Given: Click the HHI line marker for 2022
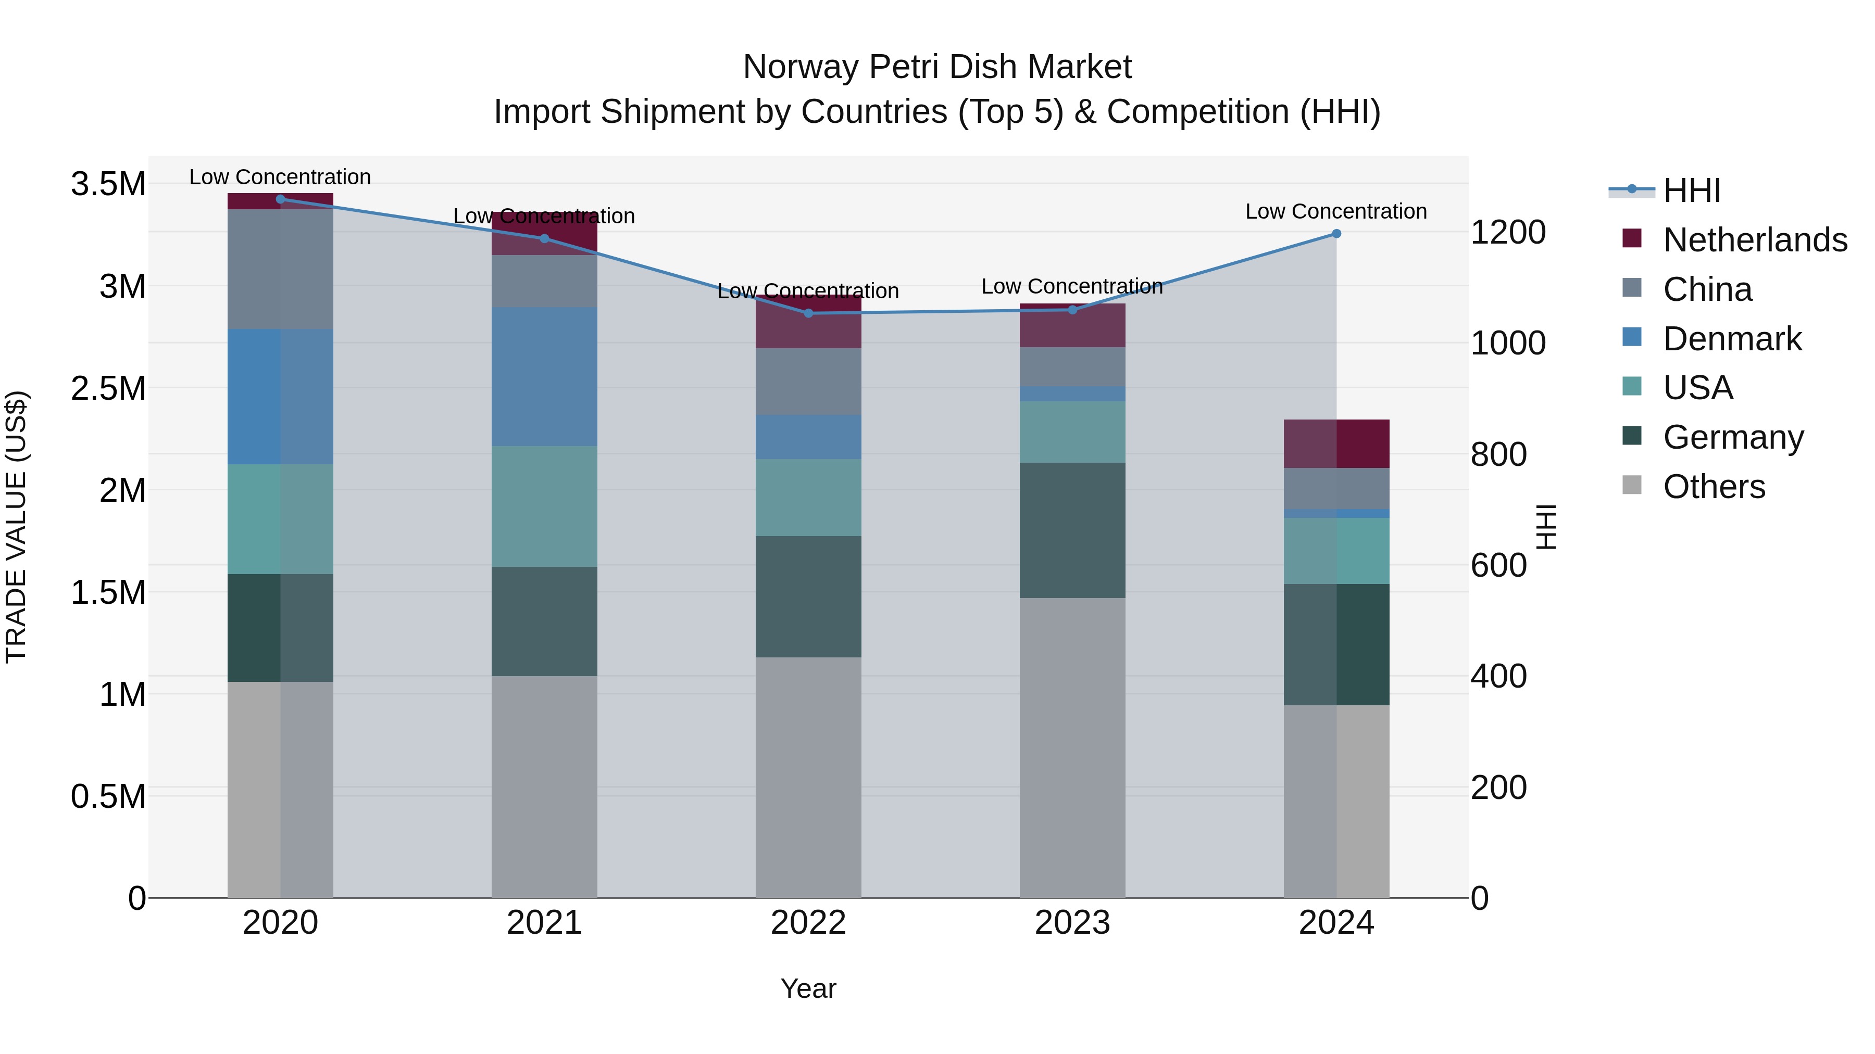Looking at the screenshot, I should tap(808, 313).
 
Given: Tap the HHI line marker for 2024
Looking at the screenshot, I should tap(1336, 234).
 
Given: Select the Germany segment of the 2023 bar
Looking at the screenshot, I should tap(1072, 530).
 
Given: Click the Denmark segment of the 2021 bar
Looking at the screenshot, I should tap(544, 376).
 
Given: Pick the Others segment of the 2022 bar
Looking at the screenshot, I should tap(808, 777).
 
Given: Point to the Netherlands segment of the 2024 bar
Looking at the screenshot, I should tap(1336, 443).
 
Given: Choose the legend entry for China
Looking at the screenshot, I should tap(1707, 289).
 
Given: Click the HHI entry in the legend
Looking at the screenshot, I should tap(1692, 191).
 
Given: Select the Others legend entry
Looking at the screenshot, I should tap(1714, 487).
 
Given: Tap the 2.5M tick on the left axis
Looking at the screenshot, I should tap(108, 388).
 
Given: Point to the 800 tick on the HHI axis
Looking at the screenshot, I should tap(1498, 454).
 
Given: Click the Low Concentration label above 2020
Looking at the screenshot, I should tap(280, 177).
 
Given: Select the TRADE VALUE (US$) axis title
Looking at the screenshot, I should tap(17, 527).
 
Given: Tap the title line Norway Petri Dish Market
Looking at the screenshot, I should tap(937, 67).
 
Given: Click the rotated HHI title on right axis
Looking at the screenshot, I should tap(1546, 527).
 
